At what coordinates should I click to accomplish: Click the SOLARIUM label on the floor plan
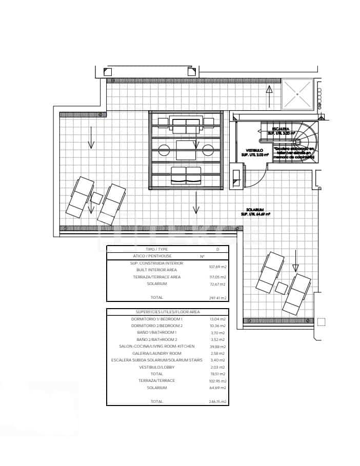[255, 210]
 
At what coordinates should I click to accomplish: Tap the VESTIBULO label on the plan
[251, 150]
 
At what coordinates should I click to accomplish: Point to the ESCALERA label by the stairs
[280, 128]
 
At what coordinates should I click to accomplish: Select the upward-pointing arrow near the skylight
[269, 95]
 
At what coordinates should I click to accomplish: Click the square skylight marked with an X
[297, 94]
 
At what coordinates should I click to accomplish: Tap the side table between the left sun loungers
[96, 198]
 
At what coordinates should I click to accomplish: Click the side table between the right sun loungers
[281, 288]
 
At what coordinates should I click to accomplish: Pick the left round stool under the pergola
[164, 150]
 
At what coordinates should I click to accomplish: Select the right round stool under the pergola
[208, 150]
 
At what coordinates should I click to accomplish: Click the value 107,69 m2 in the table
[217, 267]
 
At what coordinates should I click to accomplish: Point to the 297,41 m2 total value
[217, 298]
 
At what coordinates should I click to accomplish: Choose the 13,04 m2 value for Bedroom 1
[217, 319]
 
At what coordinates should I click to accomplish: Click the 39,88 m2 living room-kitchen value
[217, 347]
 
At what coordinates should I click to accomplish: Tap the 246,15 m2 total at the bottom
[217, 402]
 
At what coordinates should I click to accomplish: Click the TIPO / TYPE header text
[157, 249]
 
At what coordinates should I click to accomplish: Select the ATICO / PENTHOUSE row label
[152, 256]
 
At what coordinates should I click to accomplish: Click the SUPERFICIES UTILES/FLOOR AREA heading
[168, 312]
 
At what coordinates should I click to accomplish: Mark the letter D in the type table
[217, 249]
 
